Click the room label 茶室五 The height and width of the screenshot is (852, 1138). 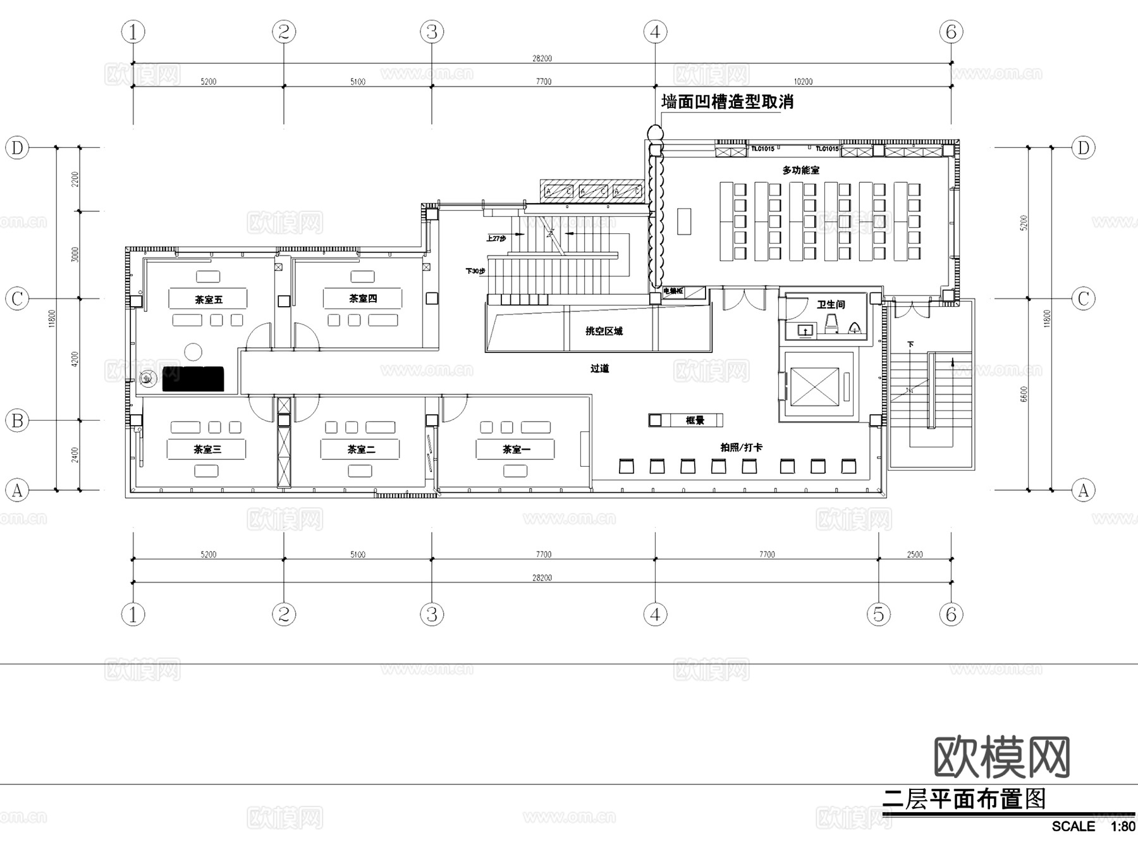208,299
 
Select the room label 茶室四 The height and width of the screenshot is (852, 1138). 363,298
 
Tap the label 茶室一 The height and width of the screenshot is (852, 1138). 516,449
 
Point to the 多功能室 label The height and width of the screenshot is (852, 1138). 800,170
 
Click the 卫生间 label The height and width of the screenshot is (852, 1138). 830,304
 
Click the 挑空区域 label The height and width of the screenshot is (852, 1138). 604,331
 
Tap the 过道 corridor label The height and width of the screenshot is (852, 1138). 599,368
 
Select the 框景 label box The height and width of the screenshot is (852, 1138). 694,420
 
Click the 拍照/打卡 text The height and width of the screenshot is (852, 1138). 741,447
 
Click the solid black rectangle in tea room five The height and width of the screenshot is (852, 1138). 193,378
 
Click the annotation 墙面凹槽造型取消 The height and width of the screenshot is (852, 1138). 727,102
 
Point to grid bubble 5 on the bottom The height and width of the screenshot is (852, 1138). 878,614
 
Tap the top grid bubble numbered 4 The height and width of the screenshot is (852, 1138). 655,32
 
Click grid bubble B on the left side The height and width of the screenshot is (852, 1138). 18,420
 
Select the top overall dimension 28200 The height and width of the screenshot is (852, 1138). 542,58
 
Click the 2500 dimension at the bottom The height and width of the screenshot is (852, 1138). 914,554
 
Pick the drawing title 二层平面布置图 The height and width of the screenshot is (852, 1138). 964,799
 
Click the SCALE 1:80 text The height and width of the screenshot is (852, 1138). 1092,826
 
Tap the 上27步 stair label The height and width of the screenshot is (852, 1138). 496,238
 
